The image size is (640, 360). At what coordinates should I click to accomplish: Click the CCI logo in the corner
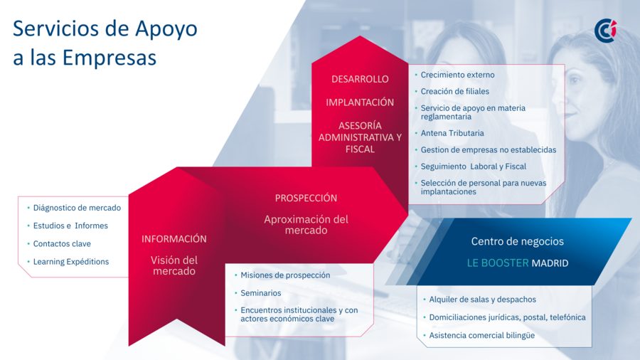tap(605, 31)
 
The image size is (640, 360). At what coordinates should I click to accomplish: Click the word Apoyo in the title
tap(166, 29)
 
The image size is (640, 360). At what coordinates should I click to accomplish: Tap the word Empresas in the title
tap(110, 57)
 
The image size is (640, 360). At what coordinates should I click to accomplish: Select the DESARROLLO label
tap(360, 79)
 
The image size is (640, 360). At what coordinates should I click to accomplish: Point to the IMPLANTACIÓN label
tap(360, 102)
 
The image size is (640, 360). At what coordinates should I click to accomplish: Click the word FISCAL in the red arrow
tap(360, 149)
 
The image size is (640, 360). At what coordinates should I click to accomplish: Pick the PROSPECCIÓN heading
tap(306, 198)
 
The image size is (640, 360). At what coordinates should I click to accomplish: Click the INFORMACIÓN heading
tap(174, 239)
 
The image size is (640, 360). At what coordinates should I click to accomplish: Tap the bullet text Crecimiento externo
tap(457, 75)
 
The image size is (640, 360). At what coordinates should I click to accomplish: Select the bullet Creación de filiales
tap(454, 92)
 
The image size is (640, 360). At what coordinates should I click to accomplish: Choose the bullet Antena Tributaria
tap(452, 133)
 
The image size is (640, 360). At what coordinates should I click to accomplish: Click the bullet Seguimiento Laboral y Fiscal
tap(474, 166)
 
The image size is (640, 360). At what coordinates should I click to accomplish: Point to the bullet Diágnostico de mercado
tap(77, 208)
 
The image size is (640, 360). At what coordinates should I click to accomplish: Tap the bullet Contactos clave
tap(62, 243)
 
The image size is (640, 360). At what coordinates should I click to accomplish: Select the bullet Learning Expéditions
tap(71, 262)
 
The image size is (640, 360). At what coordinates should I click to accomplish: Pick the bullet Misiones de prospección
tap(285, 275)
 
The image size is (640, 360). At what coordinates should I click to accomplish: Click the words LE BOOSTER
tap(498, 263)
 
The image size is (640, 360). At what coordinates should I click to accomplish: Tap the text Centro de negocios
tap(518, 241)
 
